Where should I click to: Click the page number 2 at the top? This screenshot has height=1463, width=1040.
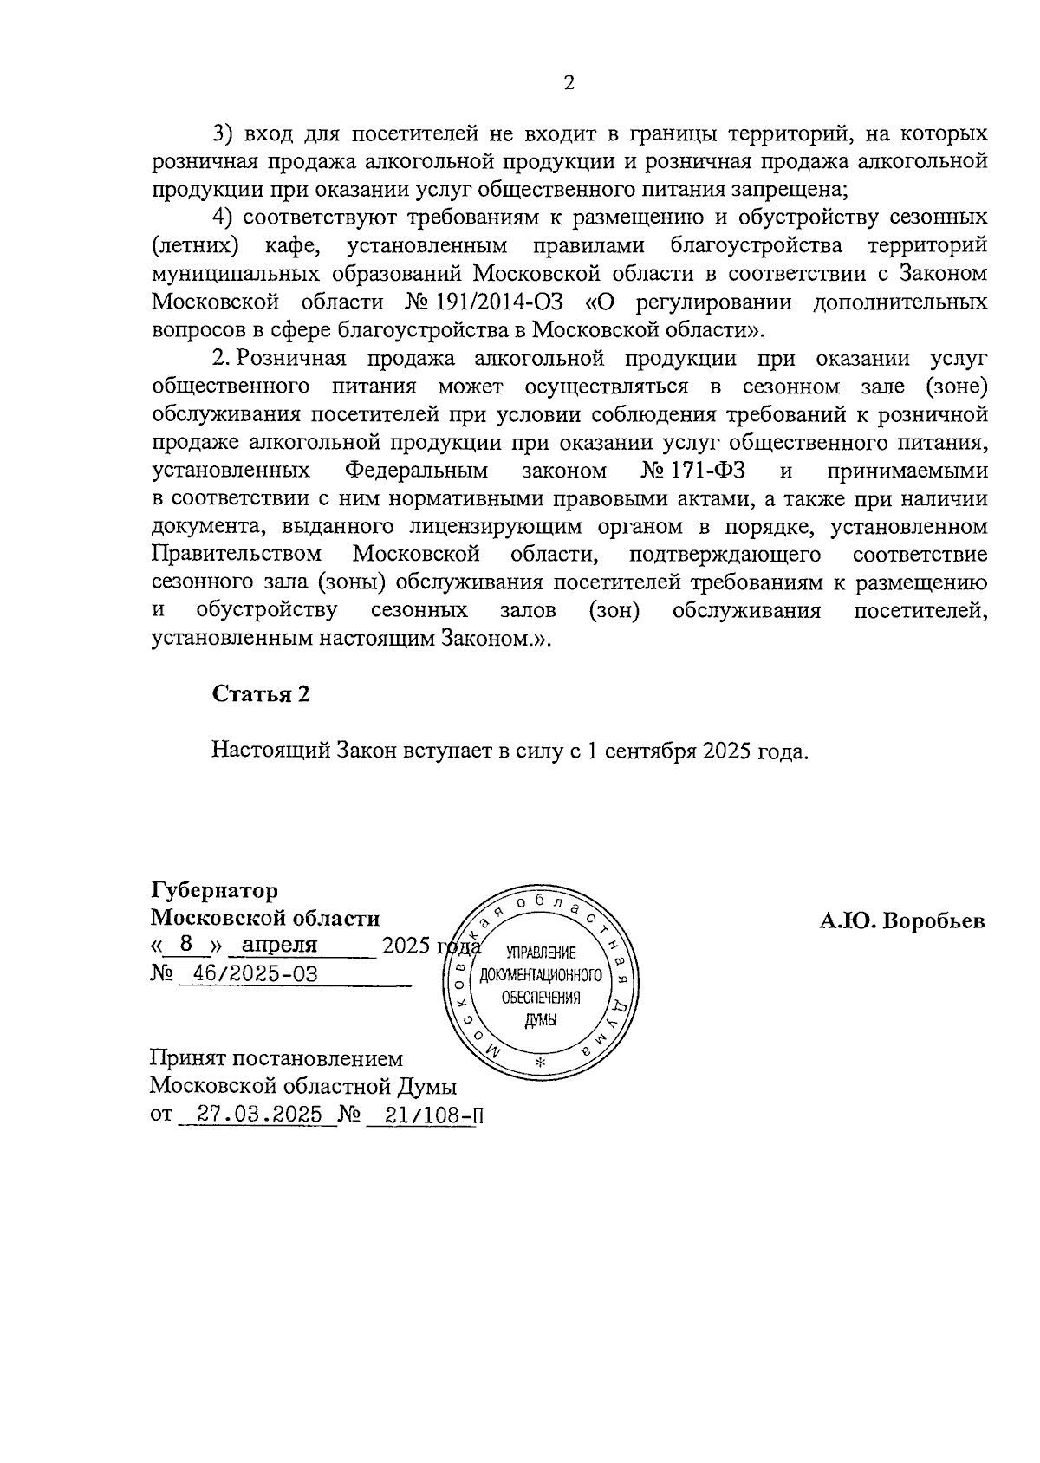tap(569, 83)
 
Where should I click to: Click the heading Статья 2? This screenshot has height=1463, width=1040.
tap(261, 694)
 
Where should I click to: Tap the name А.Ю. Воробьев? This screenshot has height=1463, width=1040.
tap(902, 920)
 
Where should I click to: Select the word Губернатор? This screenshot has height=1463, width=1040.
tap(215, 891)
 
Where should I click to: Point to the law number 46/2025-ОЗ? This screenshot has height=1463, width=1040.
tap(255, 973)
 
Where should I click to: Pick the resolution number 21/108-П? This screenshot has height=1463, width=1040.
tap(425, 1115)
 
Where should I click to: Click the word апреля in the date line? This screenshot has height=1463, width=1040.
tap(280, 945)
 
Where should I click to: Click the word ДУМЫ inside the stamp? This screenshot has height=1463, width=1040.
tap(541, 1020)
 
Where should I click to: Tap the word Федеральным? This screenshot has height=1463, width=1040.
tap(416, 471)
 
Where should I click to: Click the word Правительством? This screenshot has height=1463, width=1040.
tap(237, 554)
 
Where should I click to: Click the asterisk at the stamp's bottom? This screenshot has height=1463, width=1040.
tap(541, 1063)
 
